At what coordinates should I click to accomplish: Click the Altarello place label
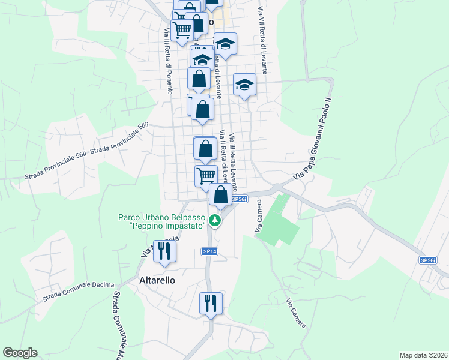pos(157,280)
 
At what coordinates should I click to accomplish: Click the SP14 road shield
pos(209,251)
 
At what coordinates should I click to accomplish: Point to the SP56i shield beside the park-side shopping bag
pos(239,199)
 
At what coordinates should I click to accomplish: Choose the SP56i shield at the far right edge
pos(427,260)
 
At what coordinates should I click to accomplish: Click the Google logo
pos(20,353)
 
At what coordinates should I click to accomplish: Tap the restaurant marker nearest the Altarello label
pos(163,251)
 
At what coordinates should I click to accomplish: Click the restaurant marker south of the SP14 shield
pos(211,303)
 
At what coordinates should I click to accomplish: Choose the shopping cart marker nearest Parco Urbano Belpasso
pos(206,175)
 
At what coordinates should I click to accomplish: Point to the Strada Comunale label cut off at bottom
pos(119,324)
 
